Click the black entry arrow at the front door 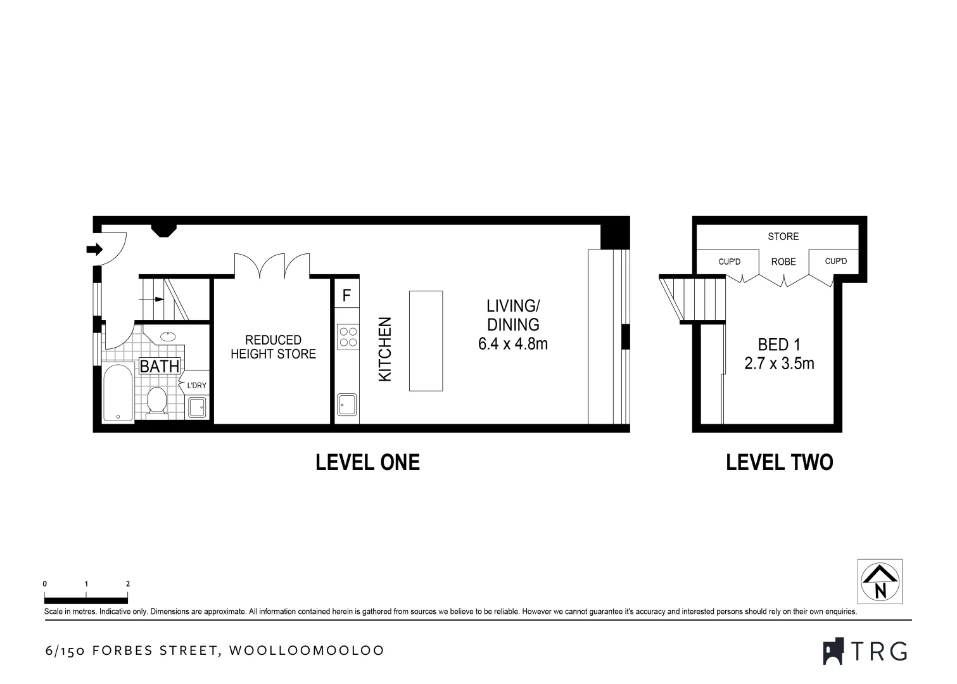(x=94, y=250)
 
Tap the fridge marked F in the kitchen (x=346, y=295)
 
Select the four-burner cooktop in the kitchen (x=346, y=336)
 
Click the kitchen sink (x=346, y=404)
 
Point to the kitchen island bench (x=426, y=341)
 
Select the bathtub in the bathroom (x=118, y=393)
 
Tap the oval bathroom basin (x=168, y=336)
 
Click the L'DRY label (x=196, y=385)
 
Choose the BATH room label (x=160, y=366)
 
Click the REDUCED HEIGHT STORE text (x=273, y=347)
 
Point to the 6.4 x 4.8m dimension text (x=513, y=345)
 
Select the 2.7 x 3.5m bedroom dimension (x=779, y=364)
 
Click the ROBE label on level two (x=783, y=262)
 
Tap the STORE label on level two (x=783, y=236)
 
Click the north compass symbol (x=880, y=581)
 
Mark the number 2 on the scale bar (x=128, y=584)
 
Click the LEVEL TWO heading (x=779, y=462)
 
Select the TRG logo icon (x=833, y=651)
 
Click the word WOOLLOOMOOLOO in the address (x=307, y=650)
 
